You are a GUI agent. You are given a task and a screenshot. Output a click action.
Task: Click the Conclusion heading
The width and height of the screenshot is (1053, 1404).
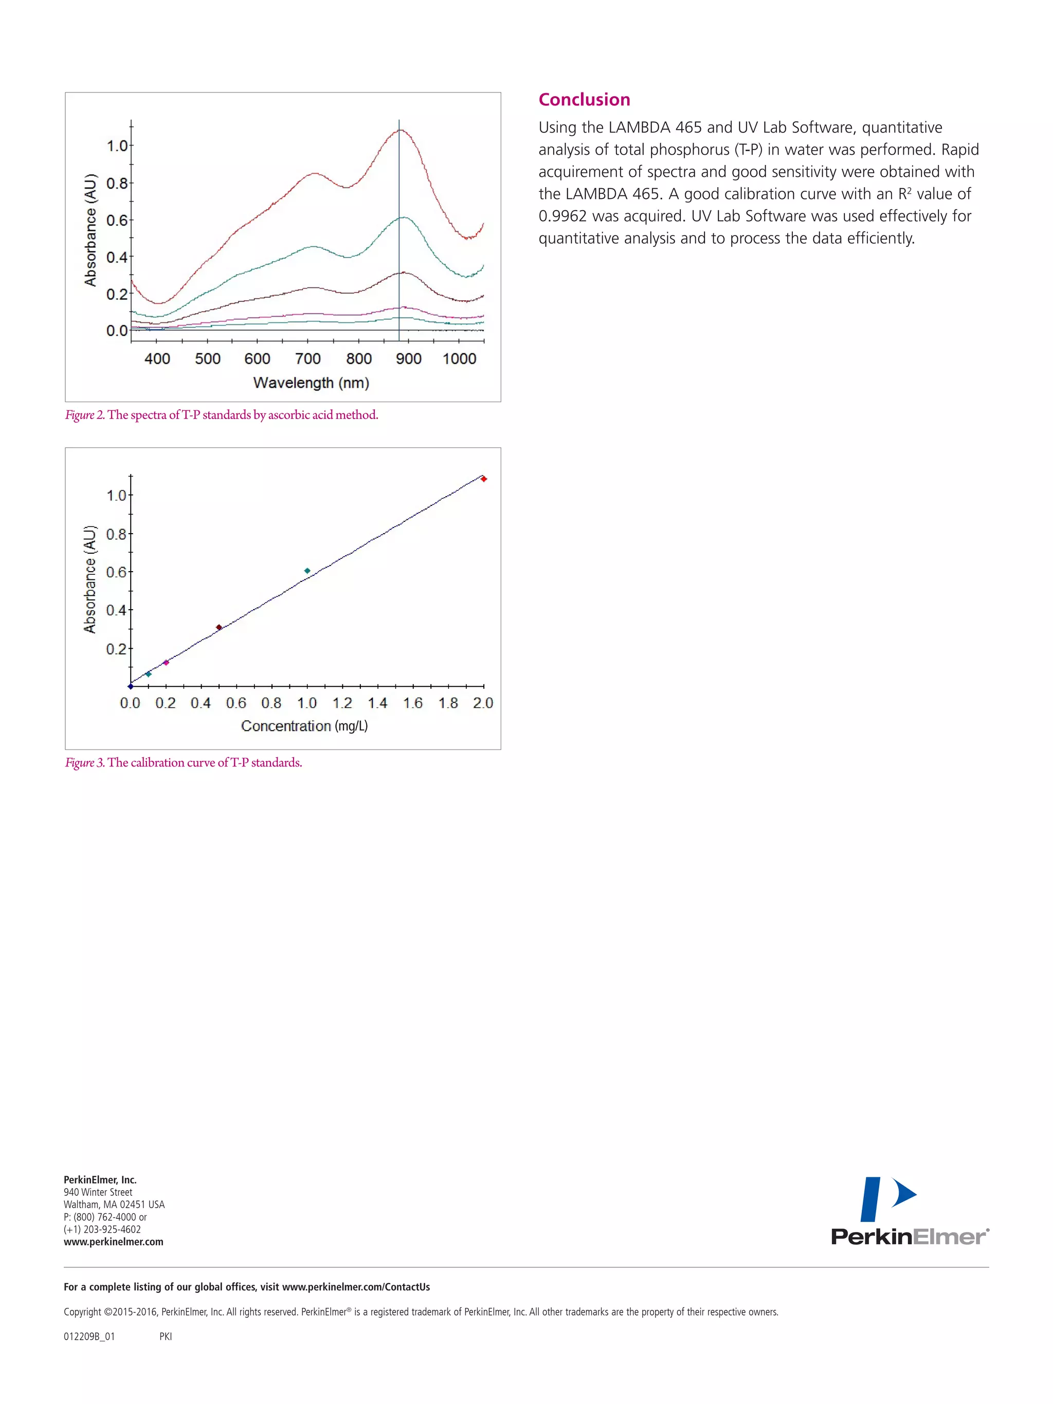pyautogui.click(x=584, y=100)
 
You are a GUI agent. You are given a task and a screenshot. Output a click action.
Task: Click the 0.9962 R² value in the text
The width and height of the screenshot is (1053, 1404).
pyautogui.click(x=562, y=216)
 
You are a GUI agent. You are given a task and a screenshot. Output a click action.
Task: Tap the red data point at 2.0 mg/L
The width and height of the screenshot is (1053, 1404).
pyautogui.click(x=484, y=479)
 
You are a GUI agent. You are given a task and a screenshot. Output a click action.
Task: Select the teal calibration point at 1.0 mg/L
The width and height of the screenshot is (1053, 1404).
pyautogui.click(x=307, y=571)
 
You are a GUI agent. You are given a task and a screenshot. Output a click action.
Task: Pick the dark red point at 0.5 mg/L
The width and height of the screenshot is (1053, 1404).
pyautogui.click(x=219, y=628)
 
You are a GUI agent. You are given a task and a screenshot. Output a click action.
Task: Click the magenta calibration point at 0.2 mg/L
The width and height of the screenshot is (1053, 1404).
pyautogui.click(x=166, y=663)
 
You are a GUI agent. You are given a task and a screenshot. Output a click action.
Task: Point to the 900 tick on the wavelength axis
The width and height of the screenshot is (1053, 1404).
pyautogui.click(x=408, y=359)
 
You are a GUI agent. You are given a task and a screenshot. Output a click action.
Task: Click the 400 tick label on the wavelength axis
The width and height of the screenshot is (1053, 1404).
pyautogui.click(x=157, y=359)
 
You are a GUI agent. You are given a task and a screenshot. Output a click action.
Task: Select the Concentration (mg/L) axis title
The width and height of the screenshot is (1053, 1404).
pyautogui.click(x=304, y=726)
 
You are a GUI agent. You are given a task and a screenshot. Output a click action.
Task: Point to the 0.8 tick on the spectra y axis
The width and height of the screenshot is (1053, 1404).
pyautogui.click(x=117, y=184)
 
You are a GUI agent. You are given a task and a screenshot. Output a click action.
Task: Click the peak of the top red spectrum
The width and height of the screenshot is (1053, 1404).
pyautogui.click(x=401, y=130)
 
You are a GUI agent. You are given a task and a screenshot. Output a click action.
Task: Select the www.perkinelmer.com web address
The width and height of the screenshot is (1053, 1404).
pyautogui.click(x=114, y=1242)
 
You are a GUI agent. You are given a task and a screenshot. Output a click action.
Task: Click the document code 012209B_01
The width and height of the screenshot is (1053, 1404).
pyautogui.click(x=89, y=1337)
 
